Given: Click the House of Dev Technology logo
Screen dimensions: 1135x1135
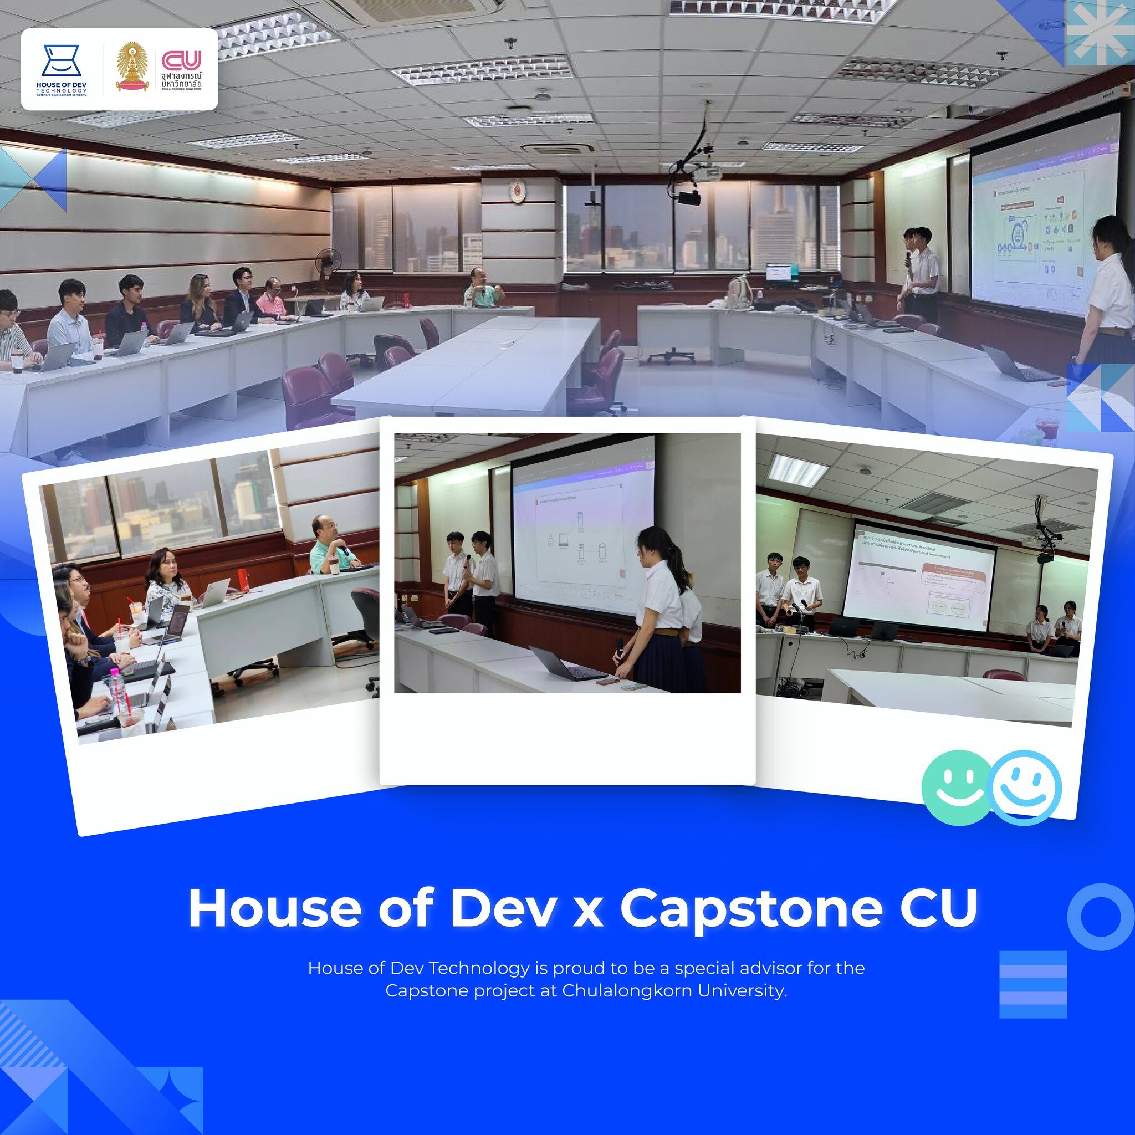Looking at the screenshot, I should (x=61, y=69).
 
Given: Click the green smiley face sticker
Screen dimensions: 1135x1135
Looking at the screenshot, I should (x=957, y=787).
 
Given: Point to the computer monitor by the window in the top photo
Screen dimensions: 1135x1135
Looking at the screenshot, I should (x=782, y=273).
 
